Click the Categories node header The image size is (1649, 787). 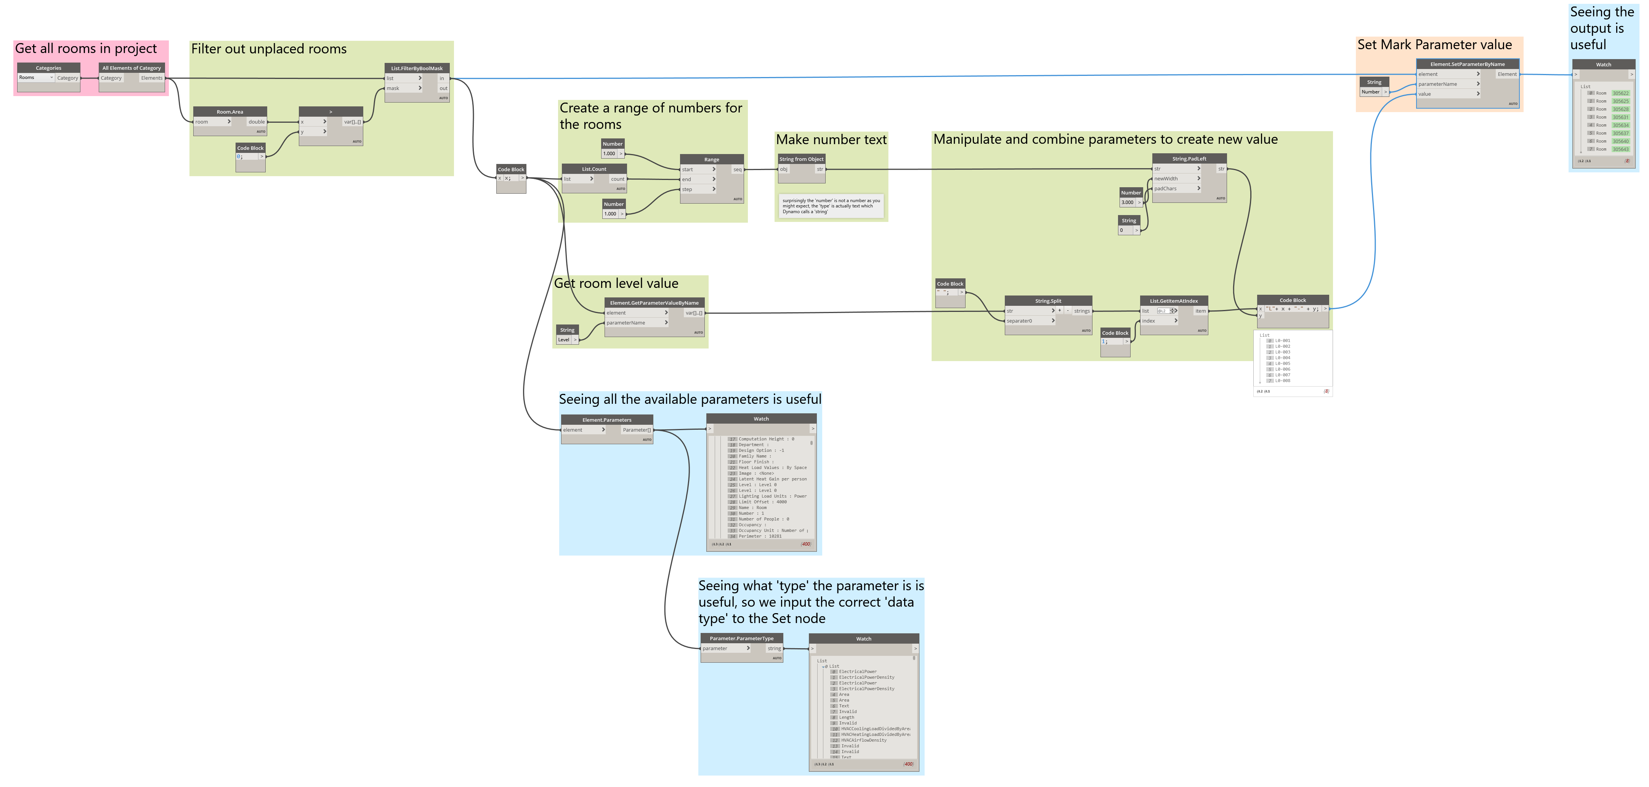click(49, 68)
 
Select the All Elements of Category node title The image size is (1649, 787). click(132, 68)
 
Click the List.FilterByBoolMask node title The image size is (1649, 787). click(417, 68)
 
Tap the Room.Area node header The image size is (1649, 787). click(230, 111)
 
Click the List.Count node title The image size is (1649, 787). click(594, 169)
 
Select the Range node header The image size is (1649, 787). click(712, 159)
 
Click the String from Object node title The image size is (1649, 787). click(802, 159)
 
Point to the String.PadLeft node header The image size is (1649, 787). click(1189, 158)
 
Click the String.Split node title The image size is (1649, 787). click(1048, 301)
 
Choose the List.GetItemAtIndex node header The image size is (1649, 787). click(1174, 301)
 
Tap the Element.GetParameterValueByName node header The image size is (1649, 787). click(654, 303)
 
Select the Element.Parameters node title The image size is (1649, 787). click(607, 420)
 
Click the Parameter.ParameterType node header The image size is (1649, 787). click(741, 638)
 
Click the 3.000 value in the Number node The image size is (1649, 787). click(1127, 202)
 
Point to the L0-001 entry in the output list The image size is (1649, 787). click(1282, 340)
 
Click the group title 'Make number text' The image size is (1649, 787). click(831, 140)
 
